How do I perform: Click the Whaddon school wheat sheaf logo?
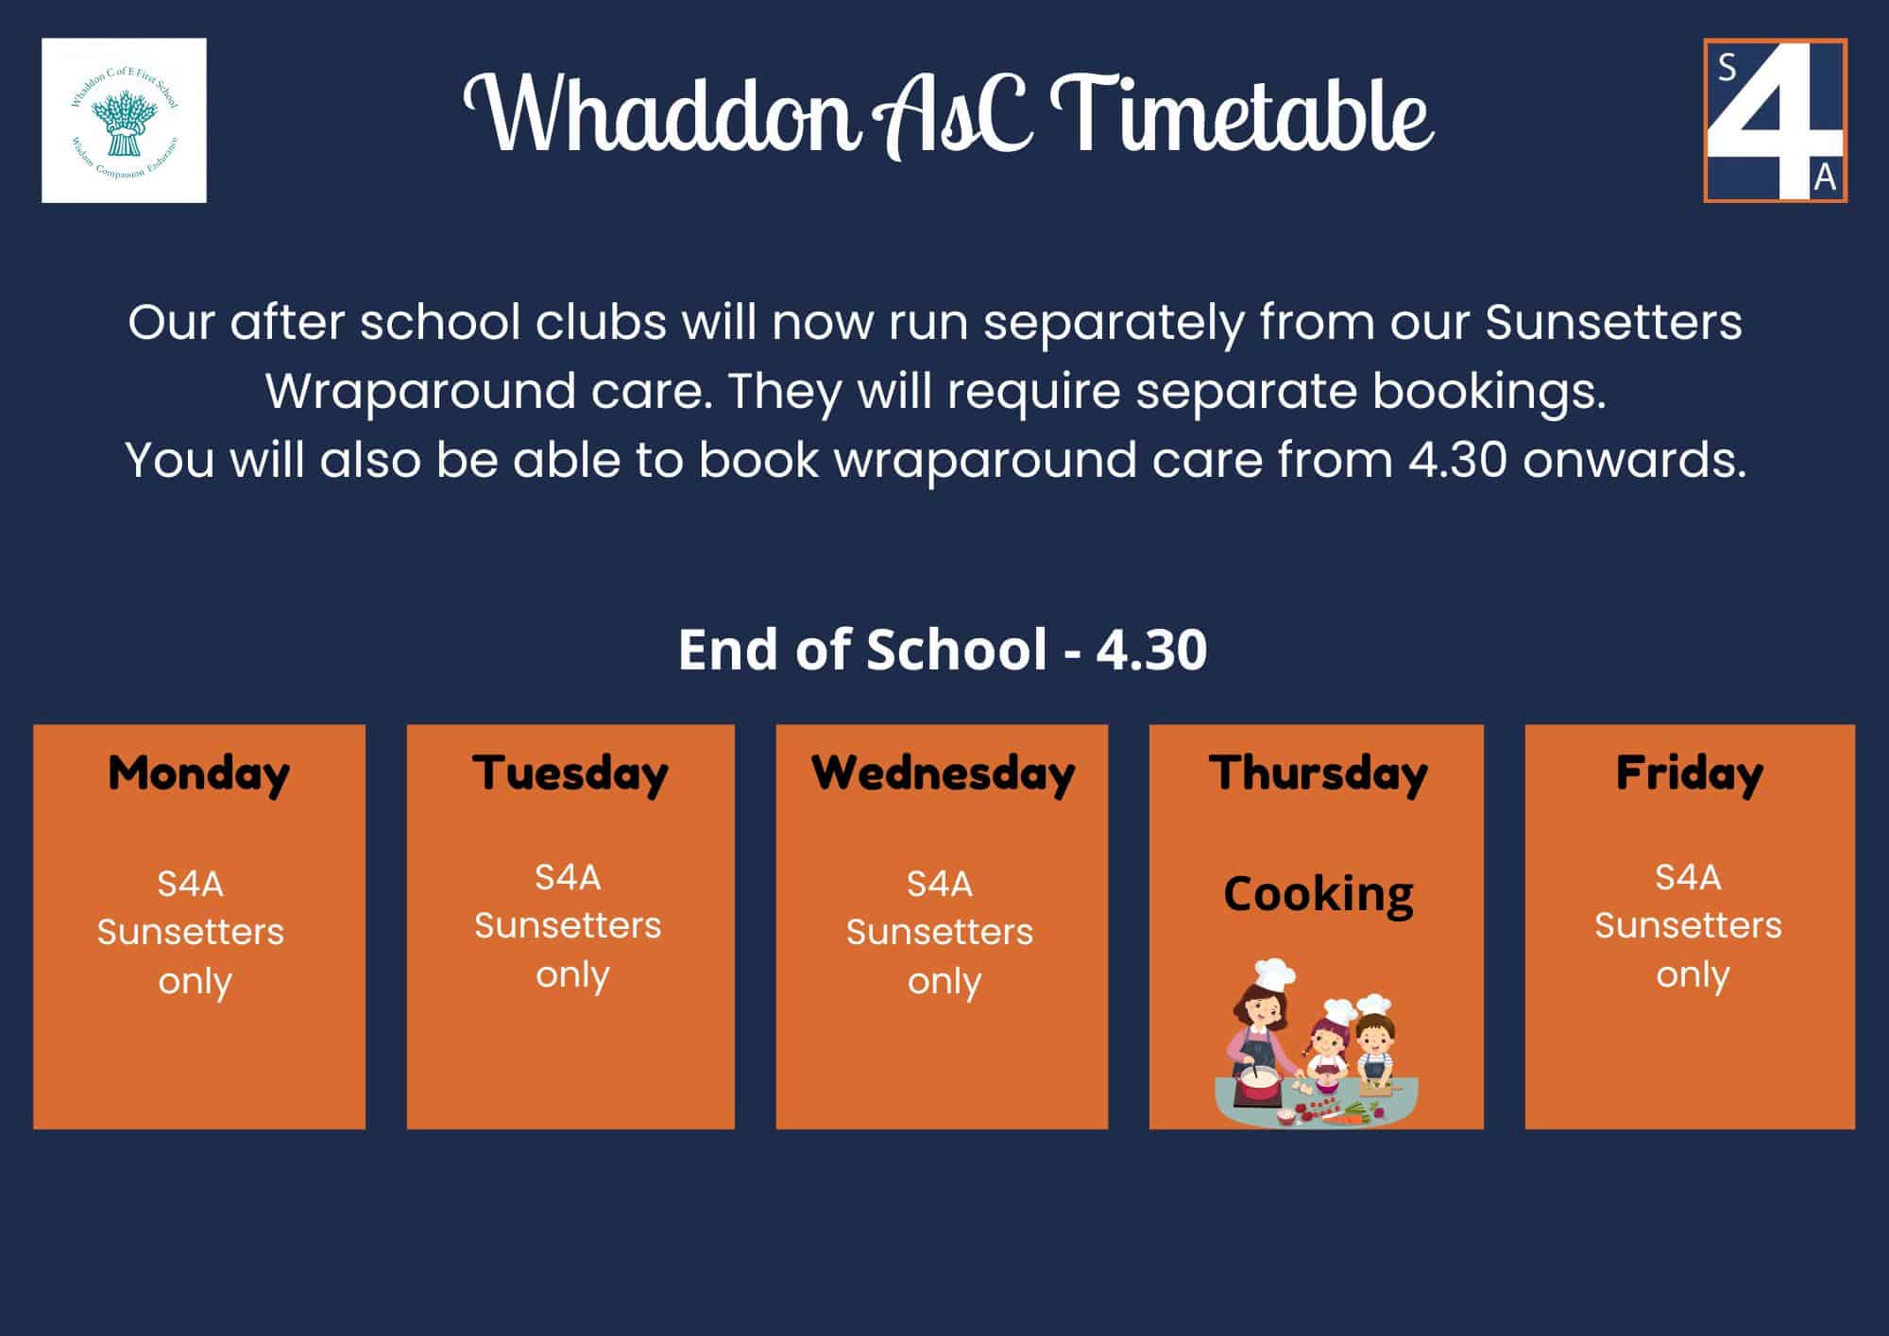(124, 120)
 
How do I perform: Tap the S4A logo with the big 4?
(1775, 120)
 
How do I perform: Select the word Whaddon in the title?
(661, 115)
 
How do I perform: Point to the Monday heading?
(199, 775)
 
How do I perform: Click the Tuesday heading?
(570, 775)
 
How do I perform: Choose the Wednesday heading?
(943, 774)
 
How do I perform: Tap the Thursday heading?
(1318, 774)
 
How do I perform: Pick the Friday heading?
(1690, 774)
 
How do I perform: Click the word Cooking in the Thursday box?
(1318, 893)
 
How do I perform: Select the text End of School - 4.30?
(943, 650)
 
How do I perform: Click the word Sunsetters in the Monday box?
(191, 932)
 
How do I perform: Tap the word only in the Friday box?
(1693, 975)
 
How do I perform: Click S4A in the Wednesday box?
(940, 884)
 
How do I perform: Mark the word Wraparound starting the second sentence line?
(488, 391)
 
